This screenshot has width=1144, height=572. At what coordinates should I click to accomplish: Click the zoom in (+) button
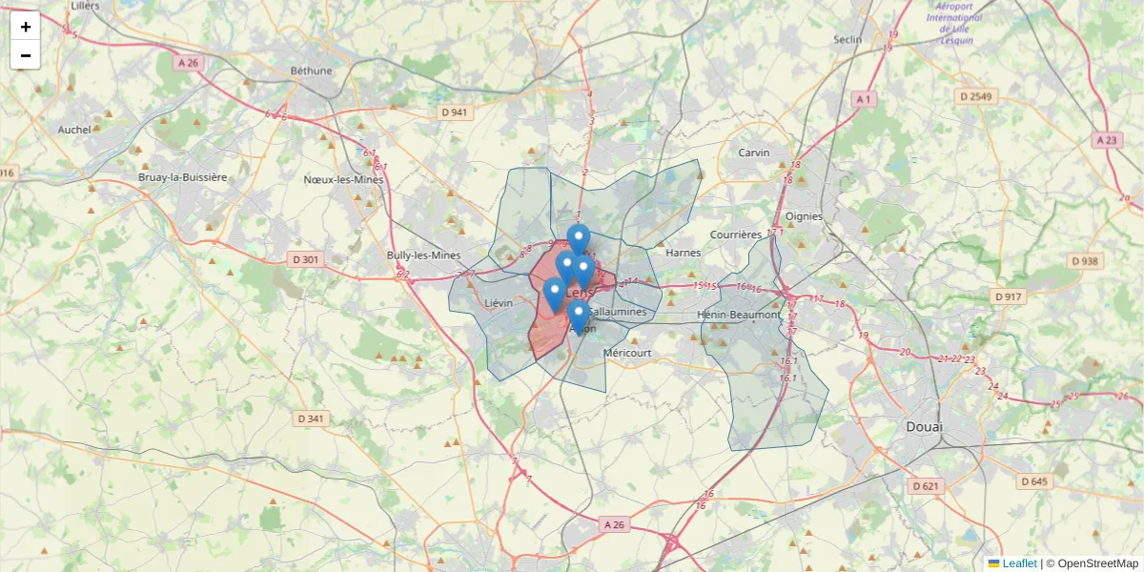coord(25,26)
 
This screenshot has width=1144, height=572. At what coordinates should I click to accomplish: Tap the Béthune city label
coord(312,71)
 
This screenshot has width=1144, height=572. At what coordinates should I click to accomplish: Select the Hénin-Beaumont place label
coord(739,315)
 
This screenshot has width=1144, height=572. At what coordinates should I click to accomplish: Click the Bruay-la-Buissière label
coord(183,177)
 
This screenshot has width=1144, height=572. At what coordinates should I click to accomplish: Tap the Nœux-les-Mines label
coord(343,179)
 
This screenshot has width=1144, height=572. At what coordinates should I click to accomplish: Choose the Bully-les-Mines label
coord(423,255)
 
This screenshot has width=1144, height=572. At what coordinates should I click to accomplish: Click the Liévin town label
coord(499,303)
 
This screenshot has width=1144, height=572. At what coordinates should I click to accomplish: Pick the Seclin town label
coord(847,40)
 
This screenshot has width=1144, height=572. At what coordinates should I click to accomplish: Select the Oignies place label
coord(804,216)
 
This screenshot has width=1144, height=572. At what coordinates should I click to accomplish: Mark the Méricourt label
coord(627,353)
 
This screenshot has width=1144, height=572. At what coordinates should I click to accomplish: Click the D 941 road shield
coord(456,112)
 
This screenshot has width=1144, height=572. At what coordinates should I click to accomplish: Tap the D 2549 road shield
coord(976,96)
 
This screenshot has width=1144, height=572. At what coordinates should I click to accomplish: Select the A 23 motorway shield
coord(1106,140)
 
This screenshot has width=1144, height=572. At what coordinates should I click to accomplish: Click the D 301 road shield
coord(303,259)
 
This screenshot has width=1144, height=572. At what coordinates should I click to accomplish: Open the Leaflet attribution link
coord(1019,563)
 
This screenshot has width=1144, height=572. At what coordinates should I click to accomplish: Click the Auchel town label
coord(74,130)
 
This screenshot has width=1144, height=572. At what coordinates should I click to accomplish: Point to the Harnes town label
coord(683,253)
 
